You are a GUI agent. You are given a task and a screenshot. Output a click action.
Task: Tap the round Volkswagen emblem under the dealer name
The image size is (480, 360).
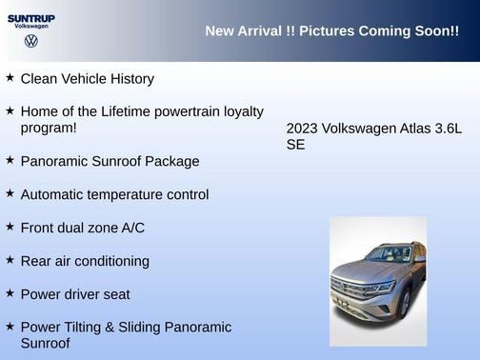(x=31, y=41)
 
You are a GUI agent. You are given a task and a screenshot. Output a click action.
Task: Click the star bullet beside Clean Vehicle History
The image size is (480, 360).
(x=10, y=77)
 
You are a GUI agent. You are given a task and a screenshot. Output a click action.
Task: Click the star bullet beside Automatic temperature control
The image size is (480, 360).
(x=10, y=193)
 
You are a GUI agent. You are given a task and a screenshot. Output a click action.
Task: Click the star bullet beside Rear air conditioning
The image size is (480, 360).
(x=10, y=260)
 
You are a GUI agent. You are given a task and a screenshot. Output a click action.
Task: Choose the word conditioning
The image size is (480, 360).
(x=113, y=262)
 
